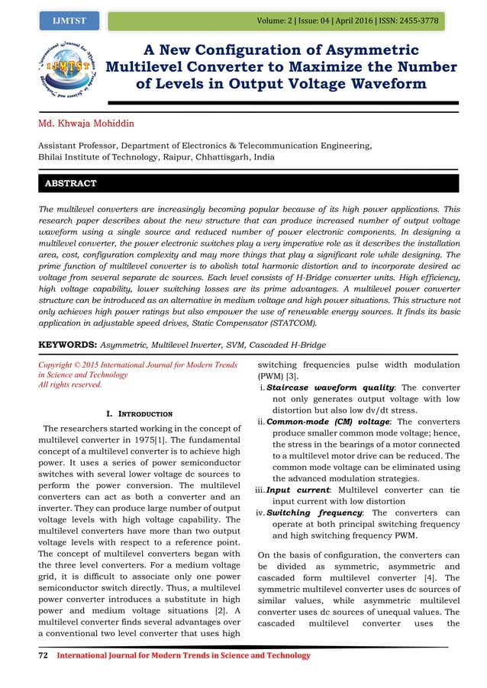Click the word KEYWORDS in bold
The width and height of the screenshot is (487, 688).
(x=72, y=345)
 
